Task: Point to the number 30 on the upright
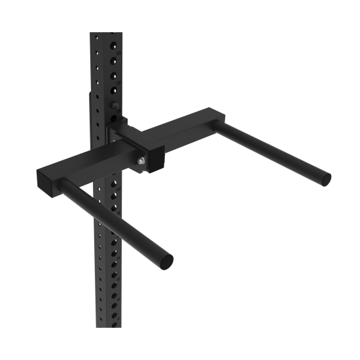pos(118,54)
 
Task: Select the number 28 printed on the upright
pos(118,83)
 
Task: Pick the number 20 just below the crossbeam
pos(118,189)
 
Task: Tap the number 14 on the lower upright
pos(118,258)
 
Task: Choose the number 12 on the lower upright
pos(118,279)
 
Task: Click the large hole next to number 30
pos(114,45)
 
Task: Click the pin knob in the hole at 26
pos(114,105)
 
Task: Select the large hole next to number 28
pos(114,76)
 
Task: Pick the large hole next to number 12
pos(114,275)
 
